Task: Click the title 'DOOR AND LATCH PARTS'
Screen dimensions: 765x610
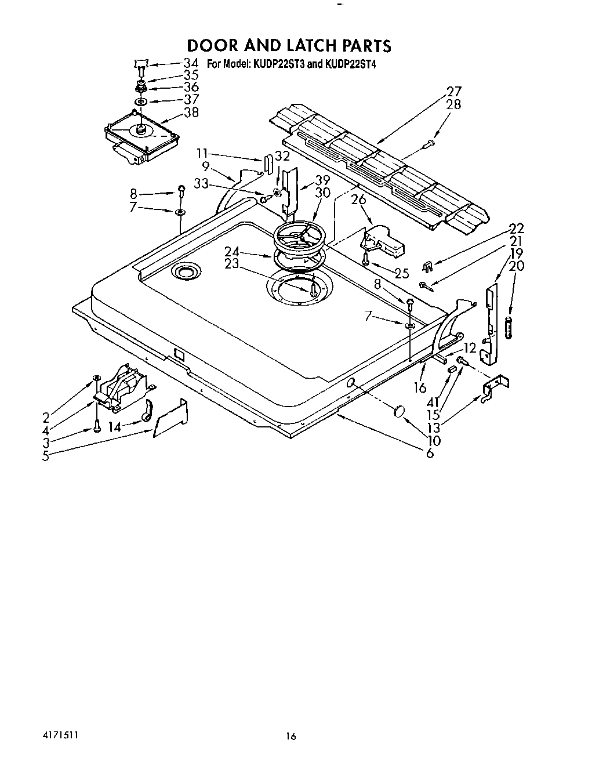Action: coord(289,45)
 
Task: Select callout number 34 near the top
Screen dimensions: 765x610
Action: coord(191,63)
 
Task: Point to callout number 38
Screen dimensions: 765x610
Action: coord(191,113)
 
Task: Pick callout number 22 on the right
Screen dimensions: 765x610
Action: coord(516,228)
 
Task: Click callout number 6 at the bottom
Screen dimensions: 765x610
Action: coord(430,453)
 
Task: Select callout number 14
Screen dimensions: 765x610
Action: coord(115,427)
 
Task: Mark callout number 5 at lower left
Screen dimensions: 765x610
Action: coord(46,456)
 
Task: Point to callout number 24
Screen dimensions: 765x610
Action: coord(232,251)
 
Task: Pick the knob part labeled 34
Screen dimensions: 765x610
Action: coord(141,63)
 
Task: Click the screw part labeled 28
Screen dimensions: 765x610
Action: coord(430,143)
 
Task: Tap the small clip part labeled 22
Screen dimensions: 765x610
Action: coord(428,266)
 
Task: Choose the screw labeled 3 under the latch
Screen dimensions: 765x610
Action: coord(96,429)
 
